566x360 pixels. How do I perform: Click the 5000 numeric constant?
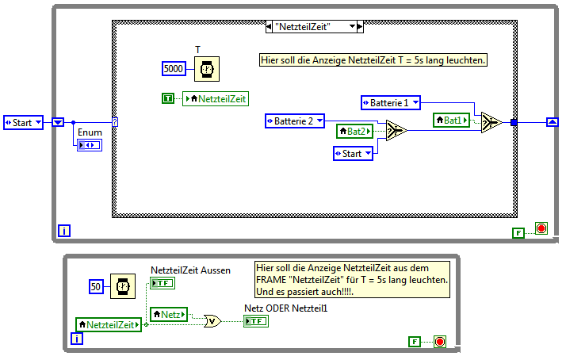click(x=174, y=70)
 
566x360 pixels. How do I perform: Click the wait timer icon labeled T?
click(x=206, y=70)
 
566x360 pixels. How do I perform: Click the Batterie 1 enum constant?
click(x=390, y=102)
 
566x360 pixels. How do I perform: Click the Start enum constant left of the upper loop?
click(x=23, y=122)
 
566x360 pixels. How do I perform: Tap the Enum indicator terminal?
click(x=89, y=145)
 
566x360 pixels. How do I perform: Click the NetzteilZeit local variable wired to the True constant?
click(x=215, y=98)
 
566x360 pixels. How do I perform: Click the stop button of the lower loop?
click(x=440, y=342)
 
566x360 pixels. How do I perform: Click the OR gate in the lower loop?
click(x=212, y=321)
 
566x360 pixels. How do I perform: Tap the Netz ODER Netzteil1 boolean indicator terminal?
click(x=256, y=321)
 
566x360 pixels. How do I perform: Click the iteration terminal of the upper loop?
click(x=65, y=231)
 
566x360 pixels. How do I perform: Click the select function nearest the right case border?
click(x=491, y=122)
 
